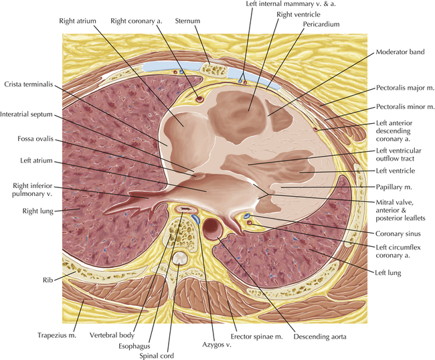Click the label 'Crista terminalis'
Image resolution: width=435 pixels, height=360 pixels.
[29, 84]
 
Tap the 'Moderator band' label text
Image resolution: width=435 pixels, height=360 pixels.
[400, 52]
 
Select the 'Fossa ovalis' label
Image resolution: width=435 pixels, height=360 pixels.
[35, 139]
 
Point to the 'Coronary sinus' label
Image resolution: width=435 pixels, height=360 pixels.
[398, 234]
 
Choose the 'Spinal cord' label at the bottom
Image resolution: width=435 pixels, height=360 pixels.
[157, 356]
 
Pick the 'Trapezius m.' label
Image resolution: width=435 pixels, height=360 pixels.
[57, 335]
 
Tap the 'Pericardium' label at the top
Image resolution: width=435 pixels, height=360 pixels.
[321, 24]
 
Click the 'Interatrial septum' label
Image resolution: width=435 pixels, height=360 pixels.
[26, 114]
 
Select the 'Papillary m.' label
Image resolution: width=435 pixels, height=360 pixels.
[394, 187]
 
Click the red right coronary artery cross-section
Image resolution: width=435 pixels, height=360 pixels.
[199, 98]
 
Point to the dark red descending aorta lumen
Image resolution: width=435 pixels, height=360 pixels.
[213, 228]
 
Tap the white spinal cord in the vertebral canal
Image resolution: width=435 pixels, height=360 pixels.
[180, 258]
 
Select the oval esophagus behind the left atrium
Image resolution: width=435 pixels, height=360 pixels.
[184, 209]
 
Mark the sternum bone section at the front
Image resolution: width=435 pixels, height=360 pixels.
[213, 69]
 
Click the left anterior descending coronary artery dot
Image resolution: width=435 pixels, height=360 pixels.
[315, 129]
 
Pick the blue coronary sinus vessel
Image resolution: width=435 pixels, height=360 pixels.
[246, 215]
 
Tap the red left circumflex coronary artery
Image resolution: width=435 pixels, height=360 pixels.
[249, 222]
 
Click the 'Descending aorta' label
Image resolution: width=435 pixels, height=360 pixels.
[320, 337]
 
